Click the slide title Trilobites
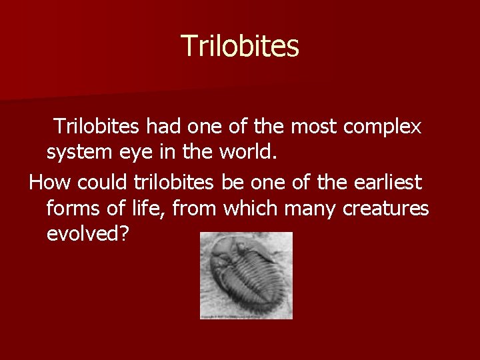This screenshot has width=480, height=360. click(x=240, y=46)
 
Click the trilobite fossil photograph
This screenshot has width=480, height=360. click(x=246, y=275)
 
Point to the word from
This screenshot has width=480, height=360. click(x=195, y=209)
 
